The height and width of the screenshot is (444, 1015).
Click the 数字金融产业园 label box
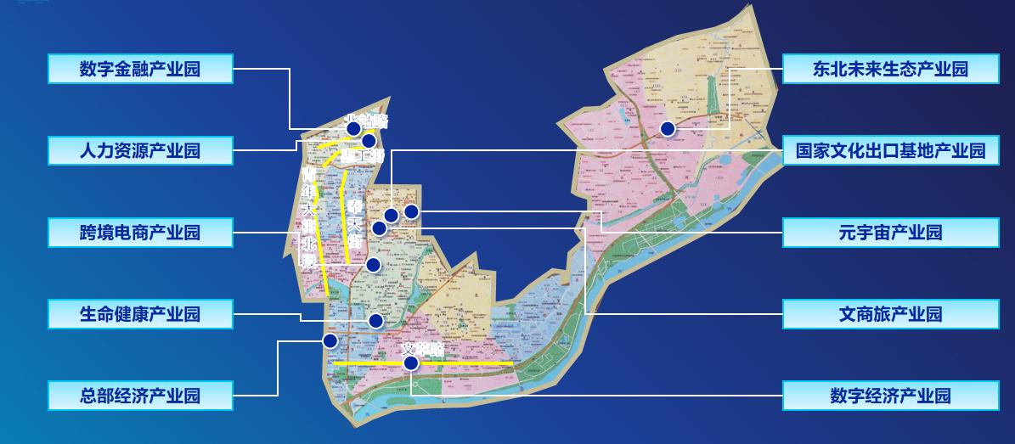point(140,69)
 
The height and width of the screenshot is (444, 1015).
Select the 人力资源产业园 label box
point(140,151)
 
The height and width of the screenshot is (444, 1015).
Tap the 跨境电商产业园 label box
point(140,233)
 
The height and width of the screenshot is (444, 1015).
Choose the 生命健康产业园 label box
point(140,314)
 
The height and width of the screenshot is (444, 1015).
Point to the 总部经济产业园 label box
point(140,396)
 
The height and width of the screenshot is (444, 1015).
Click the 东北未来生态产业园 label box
point(890,69)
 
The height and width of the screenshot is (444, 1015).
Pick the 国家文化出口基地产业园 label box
point(890,151)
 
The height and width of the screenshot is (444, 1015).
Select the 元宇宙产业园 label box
point(890,233)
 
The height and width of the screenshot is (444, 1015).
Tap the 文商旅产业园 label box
point(890,314)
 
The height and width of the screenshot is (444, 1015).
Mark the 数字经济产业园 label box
point(890,396)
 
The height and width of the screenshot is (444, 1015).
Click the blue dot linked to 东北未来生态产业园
point(668,128)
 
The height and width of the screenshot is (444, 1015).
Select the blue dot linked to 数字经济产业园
point(411,363)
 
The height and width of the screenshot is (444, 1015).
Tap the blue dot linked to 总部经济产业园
point(330,340)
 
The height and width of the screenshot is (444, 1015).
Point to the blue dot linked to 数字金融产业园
point(353,129)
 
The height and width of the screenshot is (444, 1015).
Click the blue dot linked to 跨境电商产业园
point(374,265)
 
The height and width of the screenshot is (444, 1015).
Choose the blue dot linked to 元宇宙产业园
point(411,211)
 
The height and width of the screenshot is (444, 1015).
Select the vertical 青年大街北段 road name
point(308,217)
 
